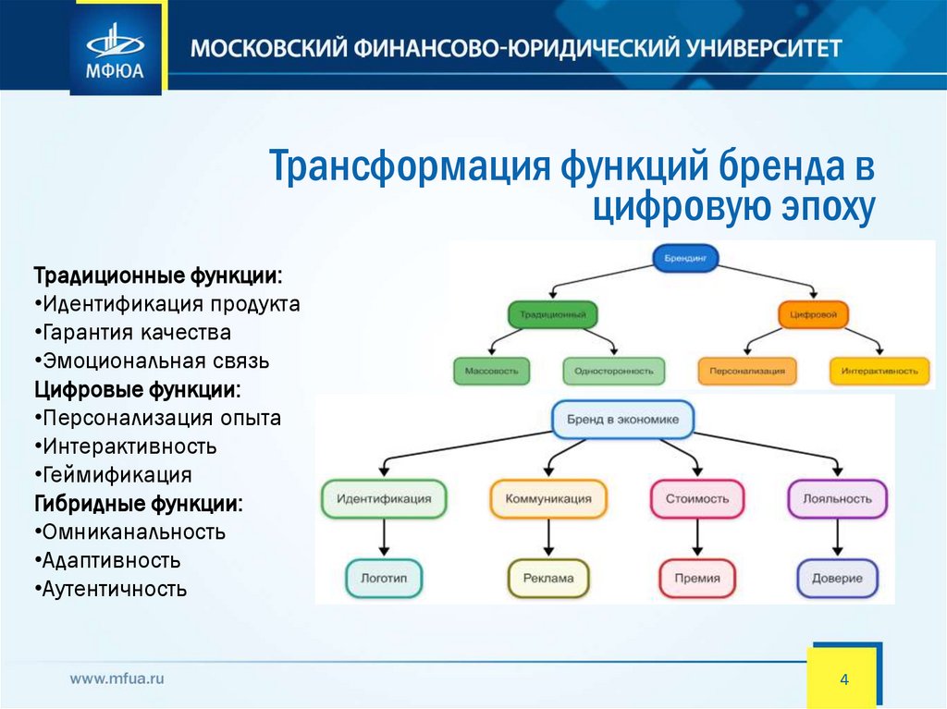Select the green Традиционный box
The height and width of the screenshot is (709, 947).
552,314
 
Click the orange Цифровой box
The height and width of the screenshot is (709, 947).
813,314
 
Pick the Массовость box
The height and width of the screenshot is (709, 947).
491,372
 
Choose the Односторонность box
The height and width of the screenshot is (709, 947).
613,372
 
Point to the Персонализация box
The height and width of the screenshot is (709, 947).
747,372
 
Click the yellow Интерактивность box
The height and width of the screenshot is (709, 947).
879,372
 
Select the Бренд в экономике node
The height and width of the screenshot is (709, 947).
622,420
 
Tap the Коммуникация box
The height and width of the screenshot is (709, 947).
547,498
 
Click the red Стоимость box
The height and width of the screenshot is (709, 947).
696,498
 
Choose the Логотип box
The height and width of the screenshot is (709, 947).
384,578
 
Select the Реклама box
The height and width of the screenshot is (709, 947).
547,578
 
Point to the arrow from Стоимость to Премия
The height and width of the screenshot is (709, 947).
697,538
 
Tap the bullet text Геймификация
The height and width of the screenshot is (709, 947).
117,475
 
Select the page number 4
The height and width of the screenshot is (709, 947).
843,679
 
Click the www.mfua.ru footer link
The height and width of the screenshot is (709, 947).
117,678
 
